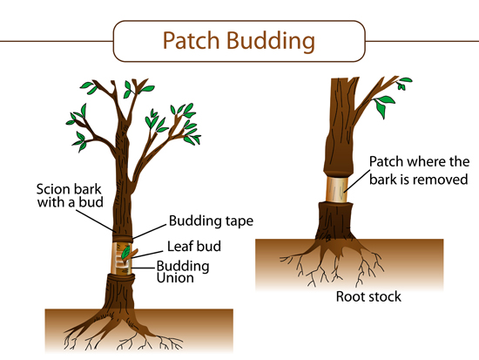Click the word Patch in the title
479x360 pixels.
tap(192, 40)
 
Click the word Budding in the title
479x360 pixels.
tap(271, 41)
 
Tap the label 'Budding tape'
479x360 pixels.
tap(211, 221)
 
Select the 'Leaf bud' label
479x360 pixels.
tap(194, 246)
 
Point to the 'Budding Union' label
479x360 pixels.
tap(183, 272)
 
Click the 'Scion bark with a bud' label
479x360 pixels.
tap(70, 196)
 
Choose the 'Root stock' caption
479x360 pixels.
tap(368, 296)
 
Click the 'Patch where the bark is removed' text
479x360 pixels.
tap(419, 170)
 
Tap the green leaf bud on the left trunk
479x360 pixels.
tap(126, 253)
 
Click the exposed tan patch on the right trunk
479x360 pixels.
tap(337, 189)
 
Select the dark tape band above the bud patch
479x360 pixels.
tap(122, 239)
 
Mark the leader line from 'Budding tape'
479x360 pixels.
tap(150, 232)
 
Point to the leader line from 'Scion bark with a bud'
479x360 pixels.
tap(95, 221)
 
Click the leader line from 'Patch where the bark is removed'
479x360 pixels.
tap(357, 180)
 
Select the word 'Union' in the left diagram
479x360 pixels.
tap(175, 278)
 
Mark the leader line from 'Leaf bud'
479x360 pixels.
tap(147, 255)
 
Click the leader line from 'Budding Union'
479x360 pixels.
tap(143, 268)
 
